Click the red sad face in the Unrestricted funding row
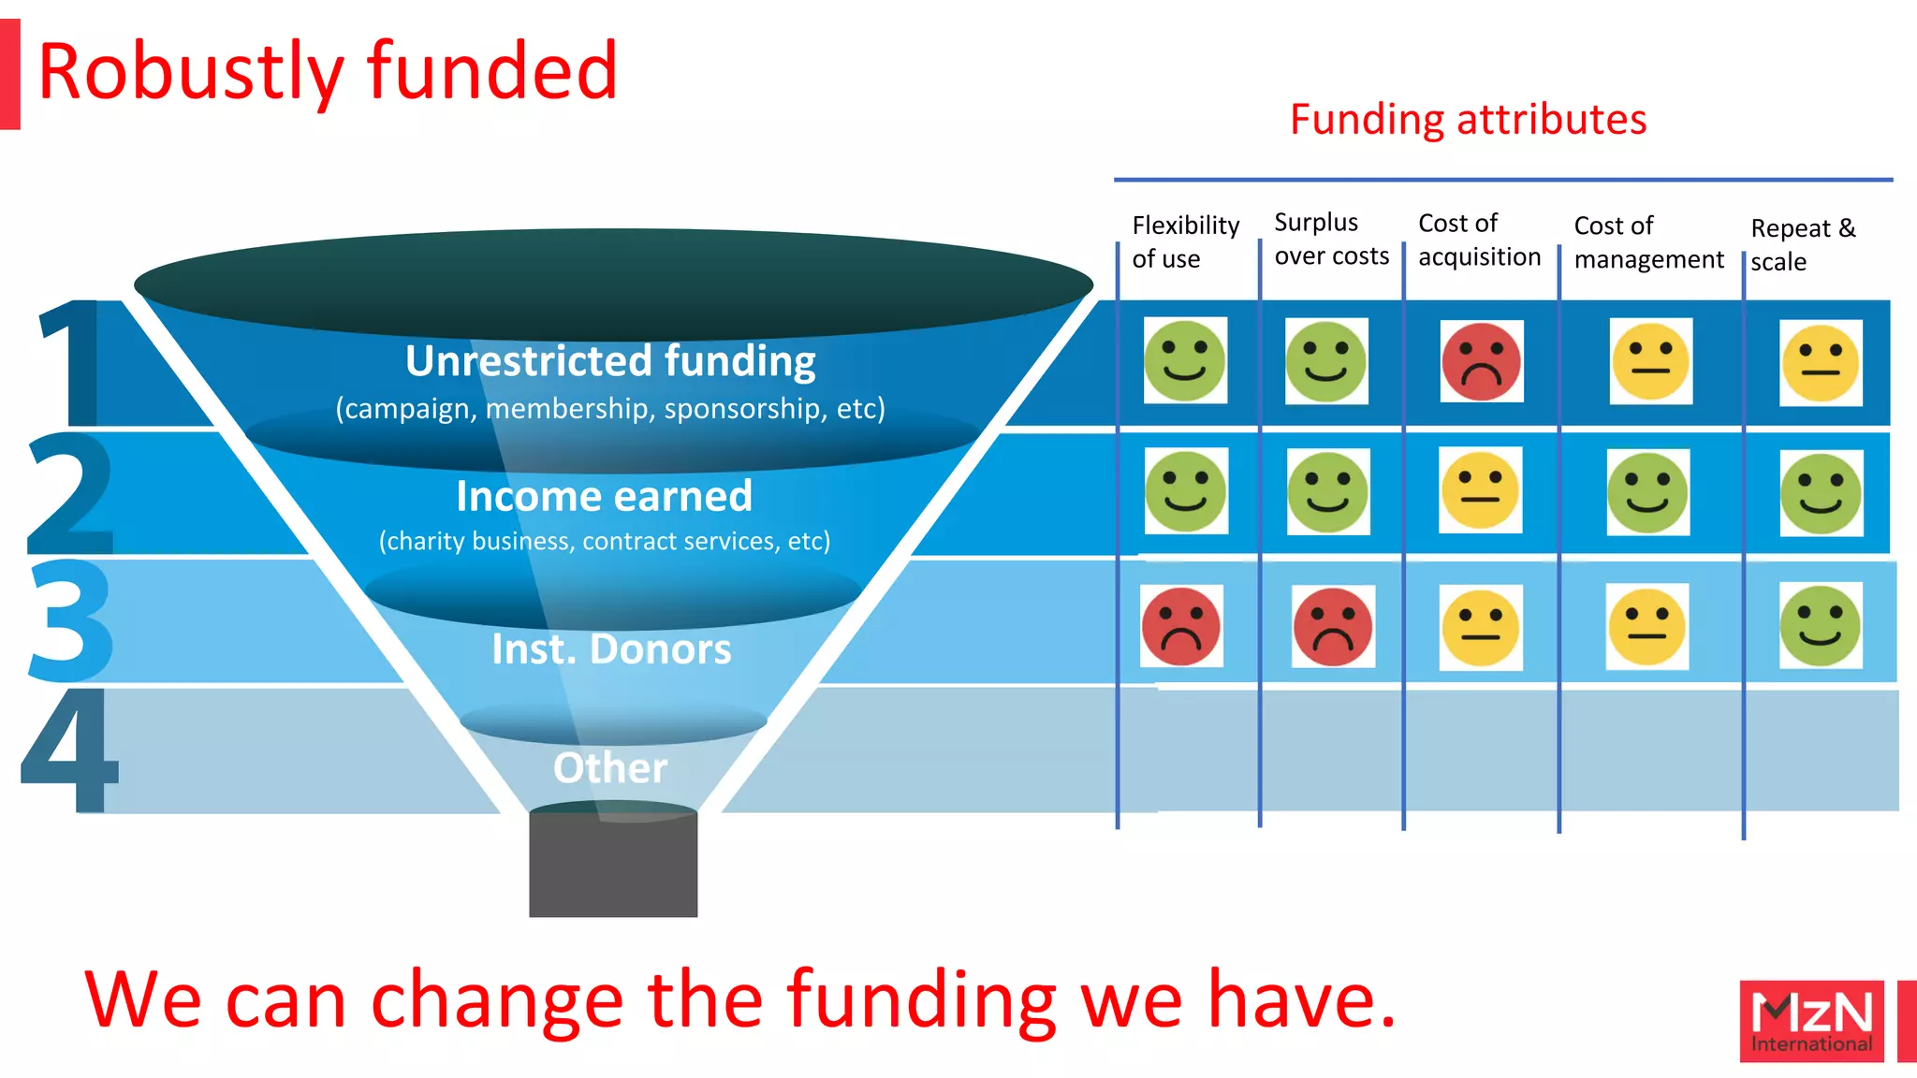[x=1481, y=361]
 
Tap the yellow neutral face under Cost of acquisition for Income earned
[x=1480, y=490]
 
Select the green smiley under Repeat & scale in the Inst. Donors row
[x=1820, y=625]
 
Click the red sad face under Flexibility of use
[x=1181, y=626]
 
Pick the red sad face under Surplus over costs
[x=1333, y=626]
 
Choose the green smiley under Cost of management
[x=1647, y=492]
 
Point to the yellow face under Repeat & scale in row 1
[x=1820, y=363]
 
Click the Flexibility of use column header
[x=1184, y=241]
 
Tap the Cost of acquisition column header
[x=1478, y=240]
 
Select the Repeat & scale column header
[x=1802, y=244]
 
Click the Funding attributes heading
[x=1468, y=120]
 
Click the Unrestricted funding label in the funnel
[x=610, y=361]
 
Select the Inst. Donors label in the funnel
[x=611, y=649]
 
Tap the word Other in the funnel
[x=610, y=768]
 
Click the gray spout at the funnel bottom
[x=613, y=866]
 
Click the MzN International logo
[x=1811, y=1021]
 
